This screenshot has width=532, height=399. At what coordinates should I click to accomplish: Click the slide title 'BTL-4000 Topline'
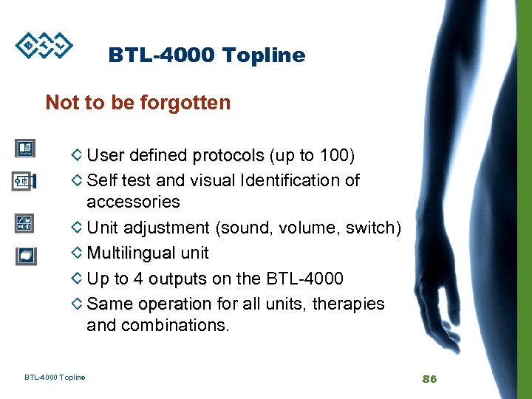(x=206, y=55)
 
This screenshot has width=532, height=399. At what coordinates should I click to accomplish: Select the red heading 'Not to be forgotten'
(x=138, y=102)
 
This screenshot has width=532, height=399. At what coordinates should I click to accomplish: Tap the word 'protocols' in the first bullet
(x=228, y=156)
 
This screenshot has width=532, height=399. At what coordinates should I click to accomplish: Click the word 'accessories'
(x=133, y=202)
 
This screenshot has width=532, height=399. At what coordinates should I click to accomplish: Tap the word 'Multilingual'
(x=131, y=253)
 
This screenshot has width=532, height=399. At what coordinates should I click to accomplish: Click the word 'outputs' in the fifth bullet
(x=177, y=279)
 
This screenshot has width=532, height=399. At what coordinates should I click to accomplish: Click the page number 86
(x=429, y=378)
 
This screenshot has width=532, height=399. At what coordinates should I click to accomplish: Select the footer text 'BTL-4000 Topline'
(x=55, y=378)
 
